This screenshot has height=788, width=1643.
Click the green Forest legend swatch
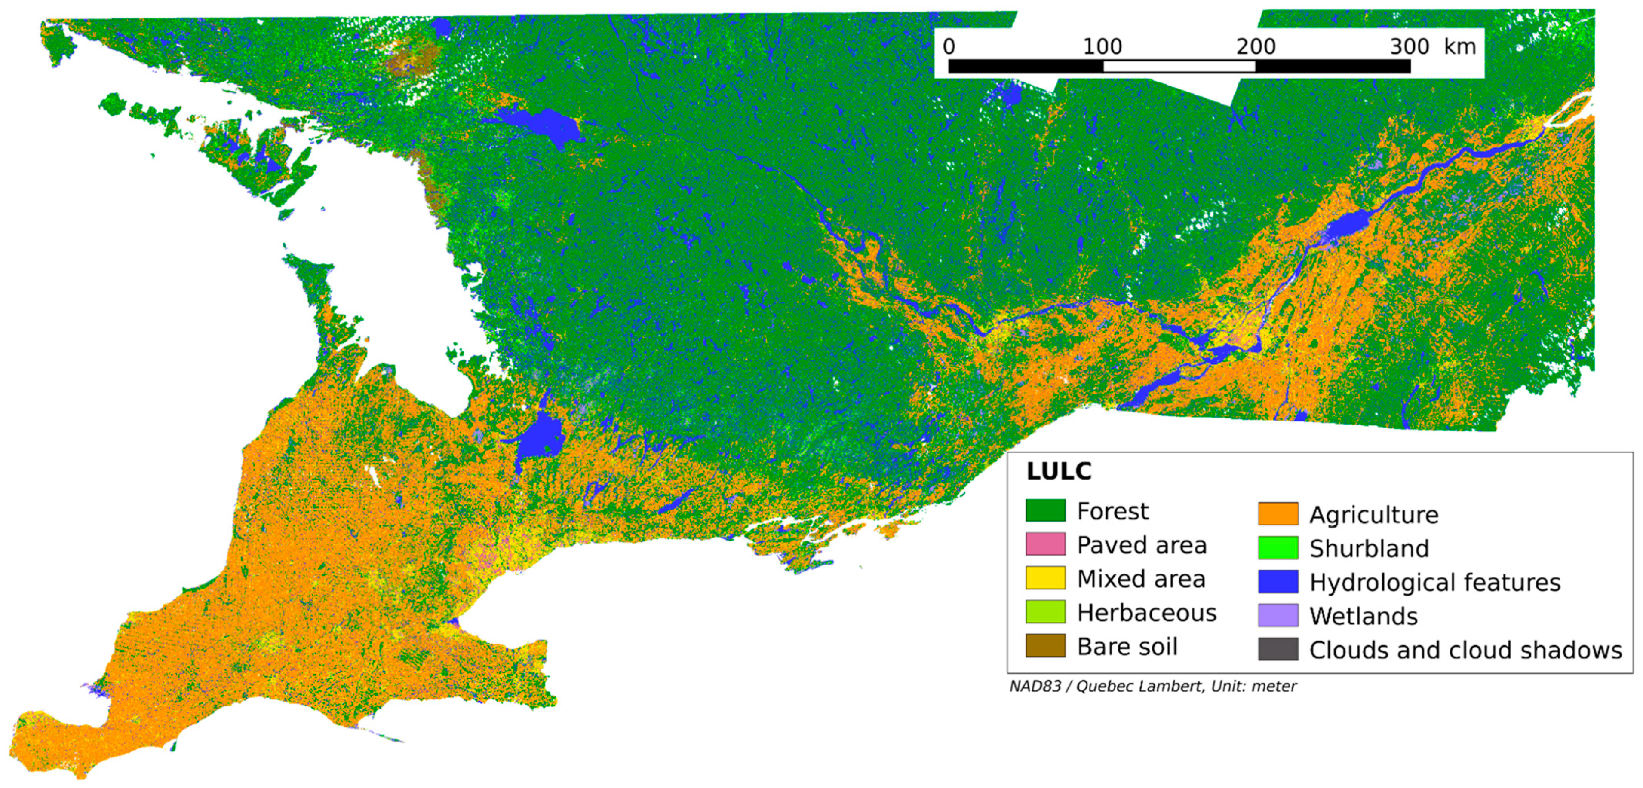click(x=1045, y=511)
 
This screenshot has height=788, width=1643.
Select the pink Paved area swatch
click(x=1045, y=544)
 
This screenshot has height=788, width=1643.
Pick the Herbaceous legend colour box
click(x=1045, y=612)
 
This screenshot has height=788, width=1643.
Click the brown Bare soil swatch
click(x=1045, y=646)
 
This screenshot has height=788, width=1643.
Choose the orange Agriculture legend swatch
click(x=1278, y=514)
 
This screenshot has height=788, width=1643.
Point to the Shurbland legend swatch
click(x=1278, y=548)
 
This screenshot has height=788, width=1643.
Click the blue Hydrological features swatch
click(x=1278, y=581)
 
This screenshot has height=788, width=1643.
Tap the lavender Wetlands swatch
click(x=1278, y=615)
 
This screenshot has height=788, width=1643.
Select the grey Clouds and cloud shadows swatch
click(x=1278, y=649)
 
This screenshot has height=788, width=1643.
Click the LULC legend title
click(x=1059, y=472)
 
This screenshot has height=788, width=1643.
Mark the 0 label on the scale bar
click(x=949, y=46)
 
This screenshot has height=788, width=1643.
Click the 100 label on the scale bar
click(x=1102, y=46)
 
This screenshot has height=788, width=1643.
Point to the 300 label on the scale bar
click(x=1409, y=46)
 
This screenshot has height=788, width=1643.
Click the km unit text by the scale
click(x=1459, y=46)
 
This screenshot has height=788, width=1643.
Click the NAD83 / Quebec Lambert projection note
click(x=1152, y=687)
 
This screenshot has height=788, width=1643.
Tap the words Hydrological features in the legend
click(x=1435, y=582)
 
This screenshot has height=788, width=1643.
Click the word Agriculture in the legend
click(x=1374, y=514)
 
